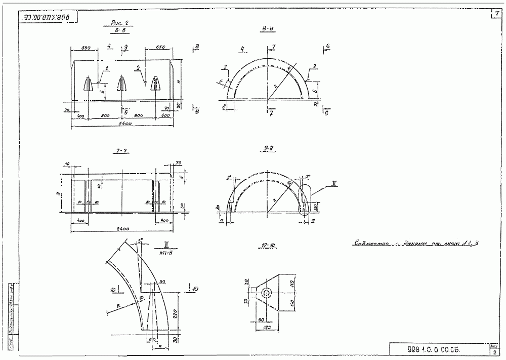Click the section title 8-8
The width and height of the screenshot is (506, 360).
[268, 30]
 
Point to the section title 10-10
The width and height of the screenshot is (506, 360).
[269, 246]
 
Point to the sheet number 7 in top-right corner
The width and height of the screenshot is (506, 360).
[496, 14]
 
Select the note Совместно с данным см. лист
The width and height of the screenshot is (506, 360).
[415, 244]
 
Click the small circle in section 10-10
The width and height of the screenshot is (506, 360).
[265, 293]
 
